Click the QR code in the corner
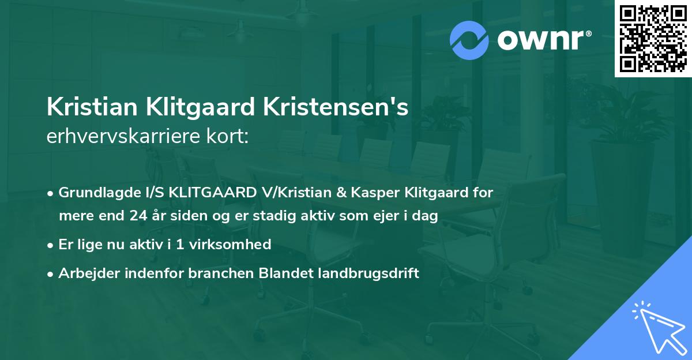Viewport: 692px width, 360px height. pos(653,38)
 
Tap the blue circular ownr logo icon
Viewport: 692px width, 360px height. pos(469,40)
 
